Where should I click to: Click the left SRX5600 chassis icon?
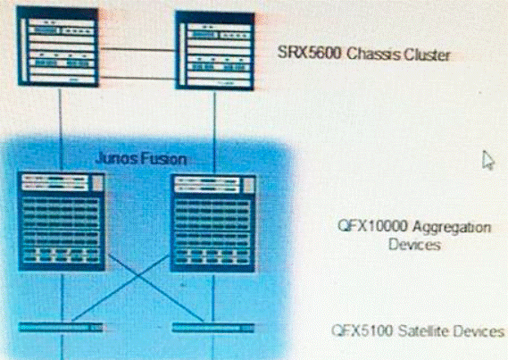coord(58,46)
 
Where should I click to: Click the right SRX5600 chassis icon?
coord(215,51)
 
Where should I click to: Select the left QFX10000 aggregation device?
coord(62,222)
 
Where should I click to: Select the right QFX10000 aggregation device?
coord(212,223)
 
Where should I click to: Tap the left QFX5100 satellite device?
coord(61,327)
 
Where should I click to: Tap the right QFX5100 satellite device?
coord(213,328)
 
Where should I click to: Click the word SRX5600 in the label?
coord(310,53)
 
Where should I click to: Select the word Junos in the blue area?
coord(113,158)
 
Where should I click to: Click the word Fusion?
coord(160,159)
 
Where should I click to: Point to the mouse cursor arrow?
coord(488,160)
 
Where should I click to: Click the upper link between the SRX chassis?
coord(137,50)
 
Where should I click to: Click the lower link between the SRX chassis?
coord(137,78)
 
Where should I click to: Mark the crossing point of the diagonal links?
coord(139,277)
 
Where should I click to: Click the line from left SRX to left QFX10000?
coord(61,130)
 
